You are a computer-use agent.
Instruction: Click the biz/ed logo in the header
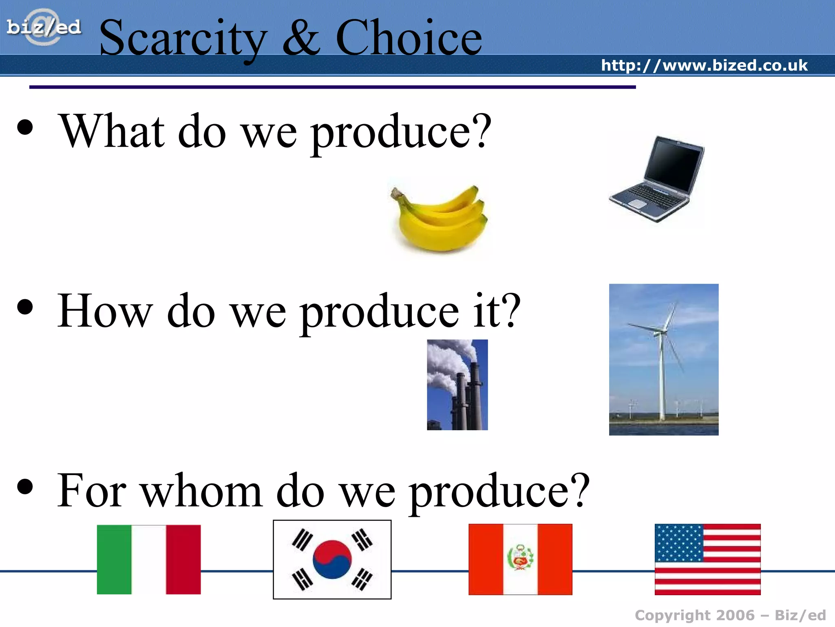44,27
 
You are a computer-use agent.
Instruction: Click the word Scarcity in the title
183,39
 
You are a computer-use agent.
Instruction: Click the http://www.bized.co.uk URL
704,65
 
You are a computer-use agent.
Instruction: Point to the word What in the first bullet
112,131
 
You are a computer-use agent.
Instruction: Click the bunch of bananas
440,218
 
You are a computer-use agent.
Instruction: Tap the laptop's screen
675,165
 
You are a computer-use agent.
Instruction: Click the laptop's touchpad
638,203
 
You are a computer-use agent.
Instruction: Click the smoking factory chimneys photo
457,385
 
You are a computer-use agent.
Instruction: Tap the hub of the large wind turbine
658,332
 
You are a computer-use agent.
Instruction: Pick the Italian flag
149,559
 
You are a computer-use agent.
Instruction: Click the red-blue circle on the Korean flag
332,559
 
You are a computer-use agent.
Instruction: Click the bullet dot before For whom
25,486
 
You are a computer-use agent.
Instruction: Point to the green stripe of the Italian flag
114,559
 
